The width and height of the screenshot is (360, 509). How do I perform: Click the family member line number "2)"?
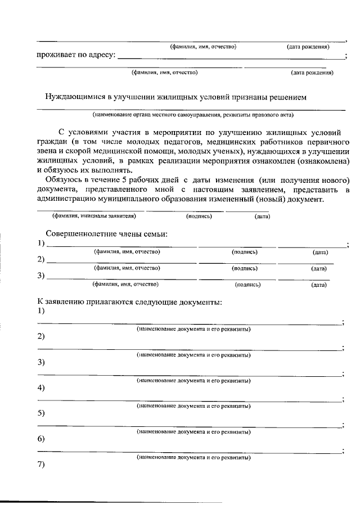(x=41, y=259)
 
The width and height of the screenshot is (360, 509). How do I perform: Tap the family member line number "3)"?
(x=41, y=276)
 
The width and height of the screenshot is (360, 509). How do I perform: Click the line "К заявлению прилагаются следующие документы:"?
(x=129, y=302)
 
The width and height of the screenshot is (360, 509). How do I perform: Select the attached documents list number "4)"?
(x=41, y=388)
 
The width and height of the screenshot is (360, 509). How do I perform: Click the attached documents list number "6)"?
(x=41, y=439)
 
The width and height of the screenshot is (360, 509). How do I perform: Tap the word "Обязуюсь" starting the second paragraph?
(x=64, y=179)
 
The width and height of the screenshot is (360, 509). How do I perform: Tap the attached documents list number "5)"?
(x=41, y=413)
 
